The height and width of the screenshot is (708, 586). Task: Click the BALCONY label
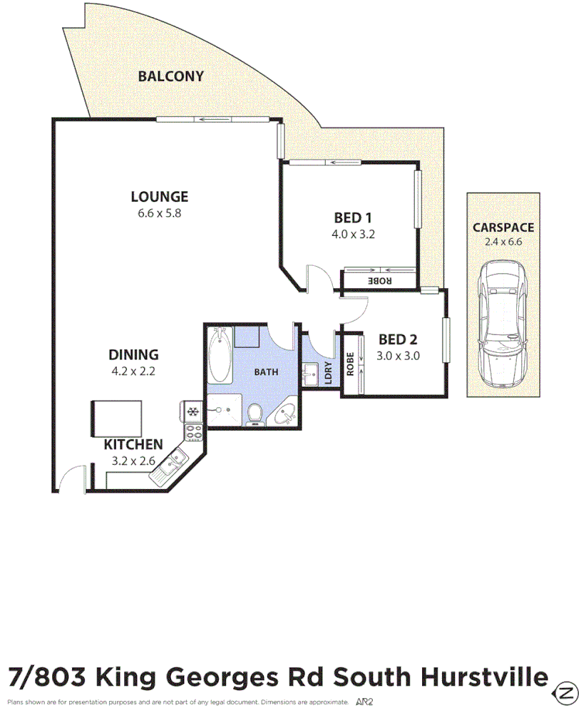click(x=171, y=76)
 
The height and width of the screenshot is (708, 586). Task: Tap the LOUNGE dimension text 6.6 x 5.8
click(x=160, y=212)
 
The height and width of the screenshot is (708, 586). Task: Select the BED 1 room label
click(x=353, y=218)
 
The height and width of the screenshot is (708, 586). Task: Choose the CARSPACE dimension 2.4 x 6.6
click(x=503, y=242)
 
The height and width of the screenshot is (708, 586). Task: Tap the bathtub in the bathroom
click(x=220, y=354)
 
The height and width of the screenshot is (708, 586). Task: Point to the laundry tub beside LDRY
click(x=310, y=373)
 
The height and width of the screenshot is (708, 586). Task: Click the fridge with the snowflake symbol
click(x=192, y=411)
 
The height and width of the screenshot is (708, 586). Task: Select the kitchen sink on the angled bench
click(x=173, y=463)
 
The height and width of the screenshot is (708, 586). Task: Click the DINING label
click(x=133, y=354)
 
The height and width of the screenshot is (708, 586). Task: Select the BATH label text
click(x=266, y=372)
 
